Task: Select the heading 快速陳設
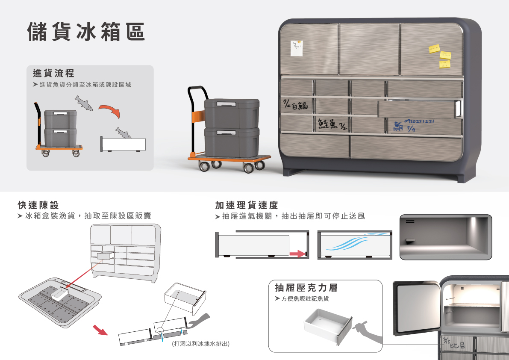click(x=38, y=205)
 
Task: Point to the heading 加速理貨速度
click(x=247, y=205)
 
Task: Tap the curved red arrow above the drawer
click(x=110, y=110)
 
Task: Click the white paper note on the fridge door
click(x=296, y=48)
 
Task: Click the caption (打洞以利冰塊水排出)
click(x=200, y=344)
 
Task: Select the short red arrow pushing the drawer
click(x=297, y=254)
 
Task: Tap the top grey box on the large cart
click(x=232, y=113)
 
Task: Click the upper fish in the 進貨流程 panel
click(x=84, y=103)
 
